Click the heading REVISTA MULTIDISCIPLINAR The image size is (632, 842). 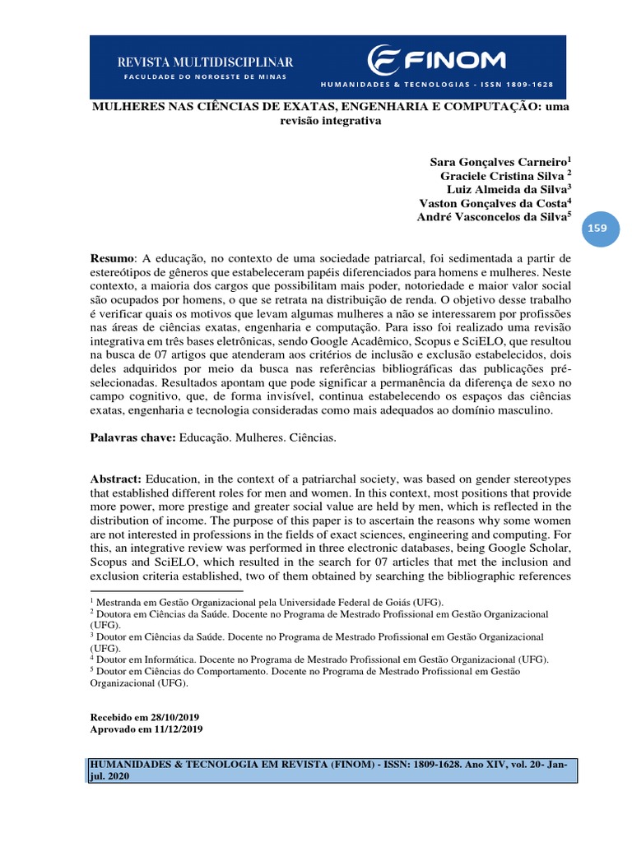click(205, 62)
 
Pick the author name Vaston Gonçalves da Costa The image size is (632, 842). click(491, 203)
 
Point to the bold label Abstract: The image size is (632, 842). click(116, 479)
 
